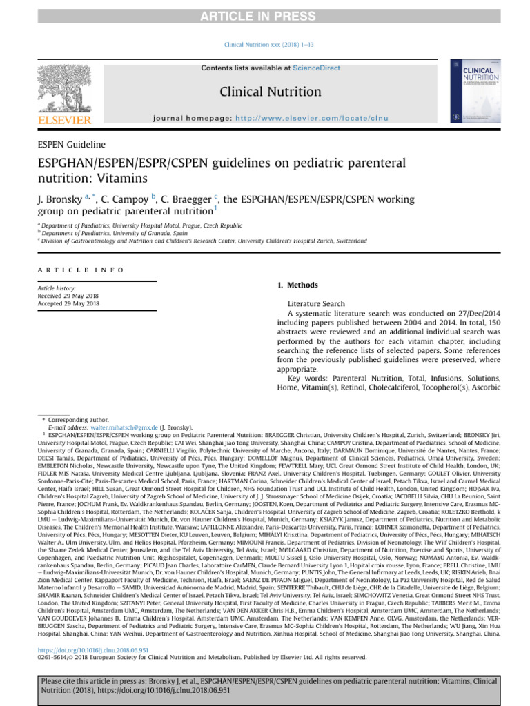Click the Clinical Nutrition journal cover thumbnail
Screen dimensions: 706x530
pyautogui.click(x=475, y=92)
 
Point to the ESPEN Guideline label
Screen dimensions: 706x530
pyautogui.click(x=71, y=145)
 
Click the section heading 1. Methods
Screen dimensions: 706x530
pyautogui.click(x=297, y=285)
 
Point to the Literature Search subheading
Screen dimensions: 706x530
pyautogui.click(x=316, y=303)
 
